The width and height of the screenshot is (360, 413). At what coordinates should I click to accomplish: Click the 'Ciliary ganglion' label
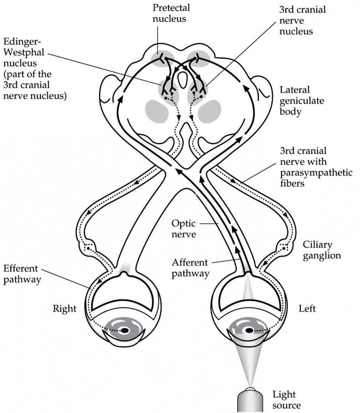[x=322, y=250]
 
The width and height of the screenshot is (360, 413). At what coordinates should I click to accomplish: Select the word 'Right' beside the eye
[x=65, y=309]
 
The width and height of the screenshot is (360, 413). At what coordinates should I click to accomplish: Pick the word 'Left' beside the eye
[x=307, y=309]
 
